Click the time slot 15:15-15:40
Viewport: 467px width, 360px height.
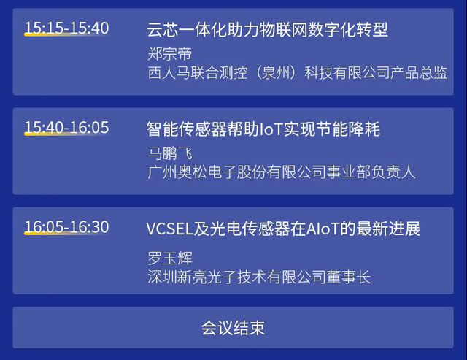(x=66, y=28)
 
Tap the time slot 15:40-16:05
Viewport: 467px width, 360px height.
(x=66, y=127)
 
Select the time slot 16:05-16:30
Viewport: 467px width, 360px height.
(x=66, y=227)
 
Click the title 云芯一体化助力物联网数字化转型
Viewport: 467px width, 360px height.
(x=267, y=30)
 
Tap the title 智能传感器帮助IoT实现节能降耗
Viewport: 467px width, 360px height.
(x=263, y=129)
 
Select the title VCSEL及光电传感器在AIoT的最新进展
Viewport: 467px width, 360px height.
(x=283, y=229)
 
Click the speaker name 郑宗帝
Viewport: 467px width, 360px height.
(x=170, y=54)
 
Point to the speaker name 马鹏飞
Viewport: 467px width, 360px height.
(x=170, y=153)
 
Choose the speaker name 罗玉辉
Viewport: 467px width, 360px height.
(x=170, y=258)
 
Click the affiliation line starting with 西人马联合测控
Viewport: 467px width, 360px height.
(x=297, y=73)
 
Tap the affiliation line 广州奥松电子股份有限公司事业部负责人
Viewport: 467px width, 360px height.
(x=282, y=172)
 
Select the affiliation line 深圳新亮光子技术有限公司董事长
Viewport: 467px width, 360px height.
(x=259, y=277)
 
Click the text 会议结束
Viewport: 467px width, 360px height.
(x=233, y=328)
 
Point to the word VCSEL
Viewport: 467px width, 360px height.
(x=170, y=229)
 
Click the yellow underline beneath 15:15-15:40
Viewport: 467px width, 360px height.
(x=66, y=35)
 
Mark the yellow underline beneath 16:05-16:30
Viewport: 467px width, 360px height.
(x=66, y=234)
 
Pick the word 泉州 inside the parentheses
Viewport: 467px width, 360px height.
(x=276, y=73)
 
